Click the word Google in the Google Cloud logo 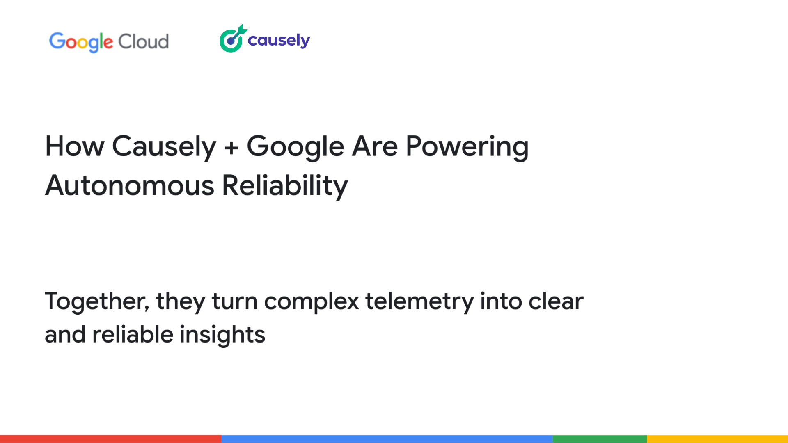point(81,42)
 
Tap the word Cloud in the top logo point(143,42)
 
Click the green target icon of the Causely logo point(232,39)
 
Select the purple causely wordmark point(279,41)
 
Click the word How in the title point(75,146)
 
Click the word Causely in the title point(164,146)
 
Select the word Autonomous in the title point(130,185)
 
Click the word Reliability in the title point(285,185)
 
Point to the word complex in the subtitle point(312,301)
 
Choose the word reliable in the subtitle point(133,335)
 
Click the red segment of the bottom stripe point(110,439)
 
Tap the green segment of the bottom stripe point(600,439)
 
